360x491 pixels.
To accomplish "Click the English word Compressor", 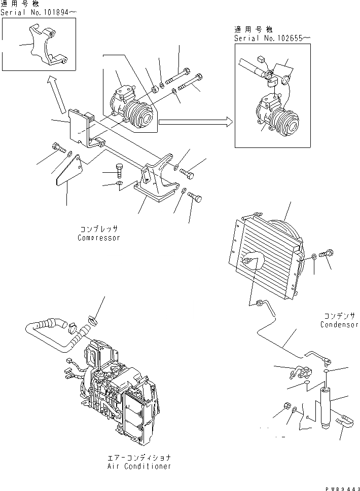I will coord(99,238).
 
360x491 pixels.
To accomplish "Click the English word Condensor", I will coord(339,325).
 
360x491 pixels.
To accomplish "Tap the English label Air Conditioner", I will coord(139,466).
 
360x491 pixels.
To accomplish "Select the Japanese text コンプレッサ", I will coord(99,229).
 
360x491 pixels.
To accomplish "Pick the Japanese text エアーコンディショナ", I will coord(139,457).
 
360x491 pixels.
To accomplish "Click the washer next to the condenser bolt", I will coord(315,257).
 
